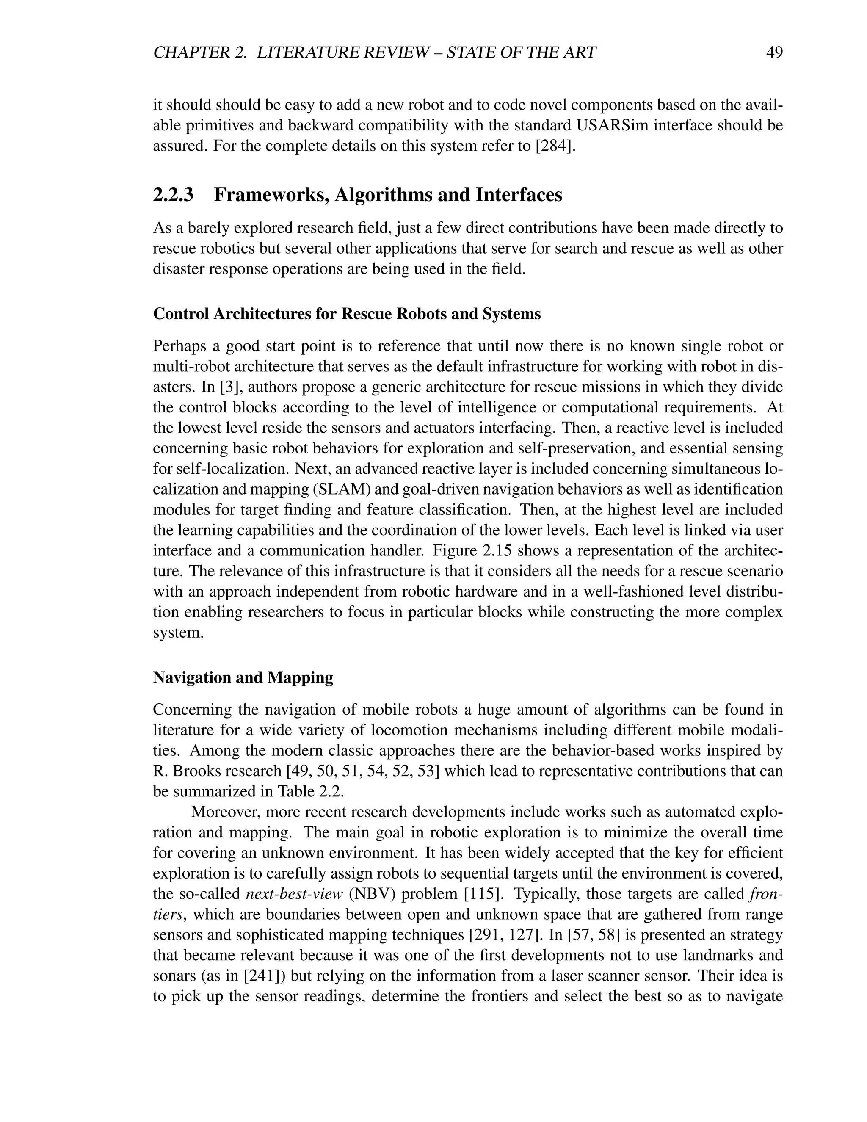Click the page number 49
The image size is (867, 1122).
coord(773,53)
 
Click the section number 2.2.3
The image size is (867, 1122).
coord(173,195)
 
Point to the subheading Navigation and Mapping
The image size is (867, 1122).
coord(243,677)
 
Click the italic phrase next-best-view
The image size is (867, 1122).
coord(294,894)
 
